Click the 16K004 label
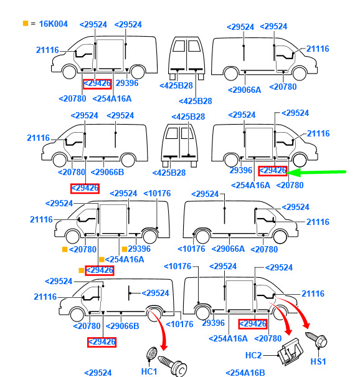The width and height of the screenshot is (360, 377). [53, 24]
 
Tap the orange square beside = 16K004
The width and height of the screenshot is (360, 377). [26, 23]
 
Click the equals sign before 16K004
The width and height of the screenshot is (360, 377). [33, 24]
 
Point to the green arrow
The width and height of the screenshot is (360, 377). [316, 172]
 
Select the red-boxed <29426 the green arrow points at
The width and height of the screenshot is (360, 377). [273, 171]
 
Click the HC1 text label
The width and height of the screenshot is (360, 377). [149, 371]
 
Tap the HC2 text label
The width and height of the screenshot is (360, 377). [253, 355]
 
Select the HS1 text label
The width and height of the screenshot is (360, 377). [318, 361]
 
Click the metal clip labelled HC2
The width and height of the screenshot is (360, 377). [290, 351]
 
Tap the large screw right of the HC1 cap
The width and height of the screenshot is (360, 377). [173, 366]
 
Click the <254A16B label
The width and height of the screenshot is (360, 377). [245, 373]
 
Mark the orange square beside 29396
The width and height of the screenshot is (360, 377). [125, 249]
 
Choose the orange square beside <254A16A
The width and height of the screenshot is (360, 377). [102, 259]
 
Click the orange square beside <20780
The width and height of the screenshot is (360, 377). [65, 249]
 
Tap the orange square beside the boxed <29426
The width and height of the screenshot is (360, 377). [82, 270]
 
